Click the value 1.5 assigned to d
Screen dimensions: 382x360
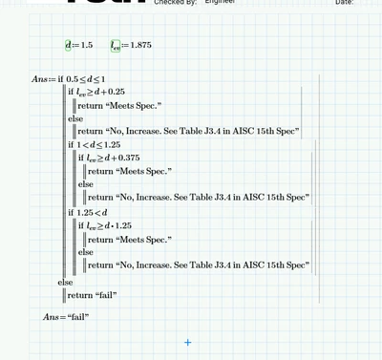(x=87, y=45)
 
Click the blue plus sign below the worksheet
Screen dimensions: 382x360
(x=188, y=342)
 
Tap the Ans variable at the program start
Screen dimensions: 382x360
(x=39, y=79)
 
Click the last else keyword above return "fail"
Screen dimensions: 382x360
(x=65, y=283)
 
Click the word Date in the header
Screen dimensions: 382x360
(x=344, y=3)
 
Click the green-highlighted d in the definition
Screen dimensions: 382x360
(x=69, y=45)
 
